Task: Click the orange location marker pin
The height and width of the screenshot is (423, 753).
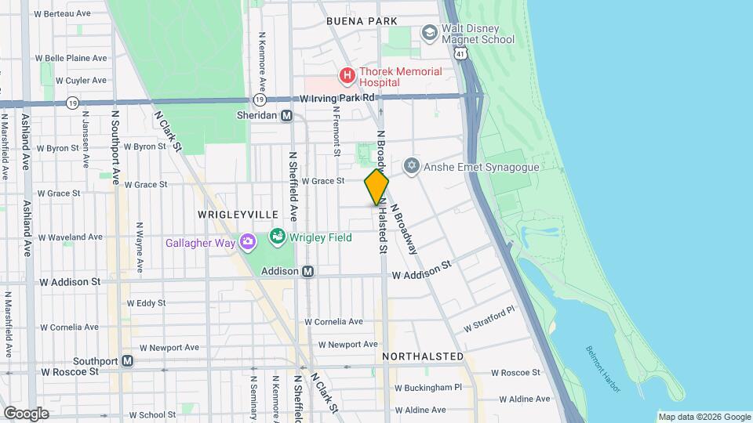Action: [376, 187]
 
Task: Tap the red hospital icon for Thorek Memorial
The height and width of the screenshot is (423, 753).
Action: [346, 75]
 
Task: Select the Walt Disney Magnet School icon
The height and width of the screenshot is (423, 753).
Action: [429, 33]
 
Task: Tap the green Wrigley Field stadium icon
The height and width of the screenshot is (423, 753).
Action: [277, 236]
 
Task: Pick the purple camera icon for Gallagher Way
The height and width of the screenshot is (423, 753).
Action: [249, 242]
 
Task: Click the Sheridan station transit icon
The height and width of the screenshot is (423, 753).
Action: [287, 115]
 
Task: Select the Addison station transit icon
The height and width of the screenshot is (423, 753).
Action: [308, 271]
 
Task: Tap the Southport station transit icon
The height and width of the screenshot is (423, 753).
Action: [127, 362]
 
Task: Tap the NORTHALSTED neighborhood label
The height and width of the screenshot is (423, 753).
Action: [423, 356]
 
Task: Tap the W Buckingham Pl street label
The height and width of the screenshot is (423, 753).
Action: [427, 388]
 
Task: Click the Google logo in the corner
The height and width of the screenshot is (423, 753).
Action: [26, 413]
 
